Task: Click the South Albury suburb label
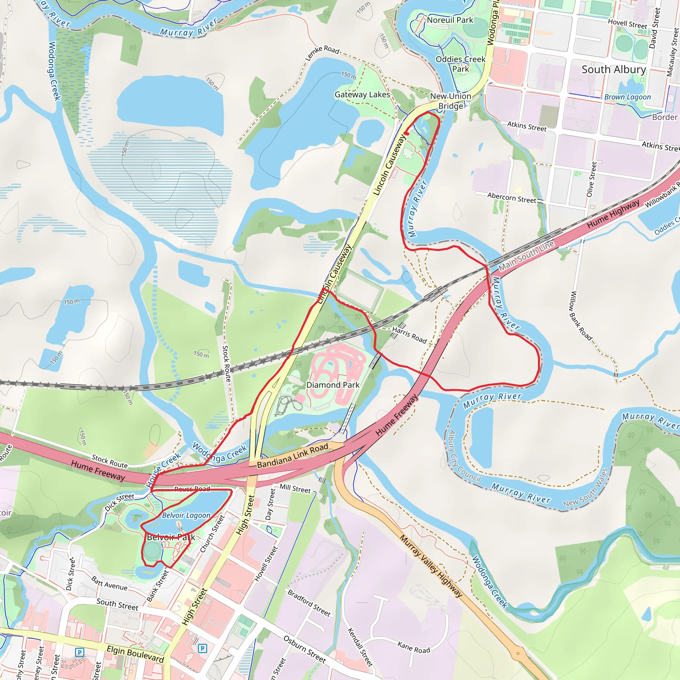[614, 70]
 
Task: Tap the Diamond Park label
[333, 385]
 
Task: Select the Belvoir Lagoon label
[186, 515]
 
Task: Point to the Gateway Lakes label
[362, 95]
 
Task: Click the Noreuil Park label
[450, 20]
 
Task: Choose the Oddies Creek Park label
[461, 64]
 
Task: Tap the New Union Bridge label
[451, 101]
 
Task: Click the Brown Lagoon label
[628, 97]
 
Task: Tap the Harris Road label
[409, 335]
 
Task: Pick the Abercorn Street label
[511, 198]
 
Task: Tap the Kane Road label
[414, 647]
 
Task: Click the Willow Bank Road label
[580, 316]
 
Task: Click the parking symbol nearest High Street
[203, 648]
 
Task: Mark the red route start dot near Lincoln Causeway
[406, 133]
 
